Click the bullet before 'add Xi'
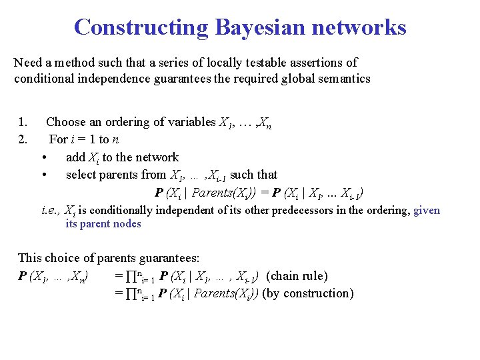tap(43, 158)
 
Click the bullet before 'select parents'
tap(43, 175)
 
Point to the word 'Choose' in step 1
tap(66, 122)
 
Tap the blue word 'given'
tap(427, 210)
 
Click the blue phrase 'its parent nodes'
tap(103, 224)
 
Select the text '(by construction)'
tap(308, 293)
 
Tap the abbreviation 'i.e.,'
tap(51, 210)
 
